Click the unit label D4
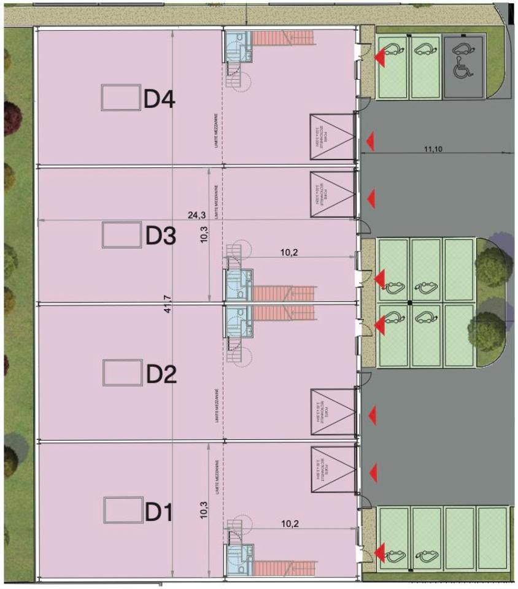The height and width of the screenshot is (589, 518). [x=160, y=99]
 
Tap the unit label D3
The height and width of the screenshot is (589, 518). [x=160, y=236]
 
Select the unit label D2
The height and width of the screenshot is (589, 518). [x=160, y=374]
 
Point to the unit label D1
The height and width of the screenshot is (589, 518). [x=159, y=511]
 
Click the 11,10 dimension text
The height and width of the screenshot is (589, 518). [x=434, y=148]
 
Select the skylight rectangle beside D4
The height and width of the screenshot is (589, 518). [x=120, y=98]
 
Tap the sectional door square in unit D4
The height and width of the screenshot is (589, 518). [x=331, y=137]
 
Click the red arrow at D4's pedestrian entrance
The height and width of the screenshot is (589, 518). [x=380, y=58]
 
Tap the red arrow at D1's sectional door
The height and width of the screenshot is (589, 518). [x=373, y=472]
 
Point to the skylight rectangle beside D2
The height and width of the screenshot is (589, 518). [x=122, y=372]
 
